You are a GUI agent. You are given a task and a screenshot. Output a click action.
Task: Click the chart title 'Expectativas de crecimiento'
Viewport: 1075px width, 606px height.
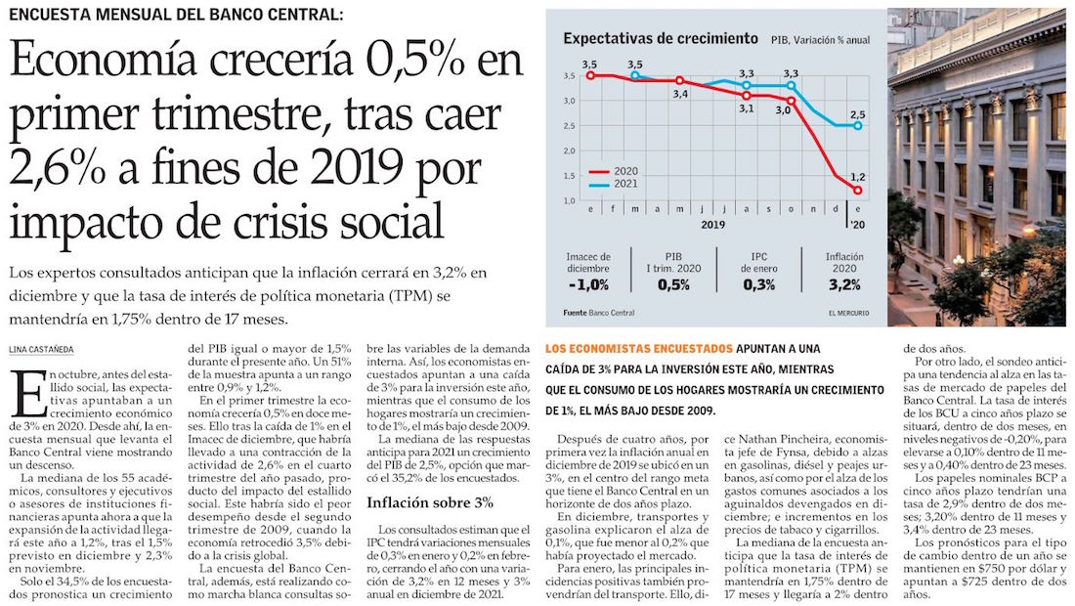pyautogui.click(x=660, y=38)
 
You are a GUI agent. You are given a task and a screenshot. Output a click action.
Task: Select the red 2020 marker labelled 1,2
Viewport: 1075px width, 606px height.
pyautogui.click(x=858, y=190)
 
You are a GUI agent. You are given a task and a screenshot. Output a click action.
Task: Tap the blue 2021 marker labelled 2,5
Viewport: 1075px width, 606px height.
pyautogui.click(x=858, y=125)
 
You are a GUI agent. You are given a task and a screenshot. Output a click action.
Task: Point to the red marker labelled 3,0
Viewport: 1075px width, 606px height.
pyautogui.click(x=790, y=101)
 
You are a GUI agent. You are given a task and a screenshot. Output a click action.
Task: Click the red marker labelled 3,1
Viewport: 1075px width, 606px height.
pyautogui.click(x=746, y=95)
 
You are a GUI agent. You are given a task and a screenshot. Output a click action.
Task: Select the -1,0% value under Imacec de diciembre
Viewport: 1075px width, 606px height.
pyautogui.click(x=587, y=284)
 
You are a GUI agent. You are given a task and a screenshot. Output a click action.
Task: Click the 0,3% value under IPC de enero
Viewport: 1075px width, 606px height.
pyautogui.click(x=758, y=284)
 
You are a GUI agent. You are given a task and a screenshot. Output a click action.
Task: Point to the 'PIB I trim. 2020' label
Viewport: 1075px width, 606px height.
pyautogui.click(x=673, y=263)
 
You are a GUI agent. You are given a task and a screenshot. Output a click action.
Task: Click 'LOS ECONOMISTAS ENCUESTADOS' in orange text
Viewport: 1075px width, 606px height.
pyautogui.click(x=638, y=348)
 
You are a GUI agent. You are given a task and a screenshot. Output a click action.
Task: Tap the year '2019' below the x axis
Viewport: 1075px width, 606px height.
pyautogui.click(x=711, y=224)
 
